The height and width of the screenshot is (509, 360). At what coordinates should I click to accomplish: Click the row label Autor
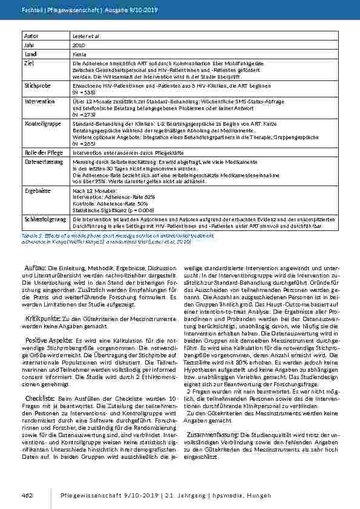[31, 36]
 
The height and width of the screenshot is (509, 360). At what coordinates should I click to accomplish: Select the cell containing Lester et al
[83, 37]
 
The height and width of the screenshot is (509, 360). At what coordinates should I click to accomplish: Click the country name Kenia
[77, 54]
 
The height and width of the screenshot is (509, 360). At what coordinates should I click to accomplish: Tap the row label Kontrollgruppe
[41, 123]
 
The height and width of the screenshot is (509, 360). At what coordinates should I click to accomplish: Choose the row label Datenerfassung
[41, 163]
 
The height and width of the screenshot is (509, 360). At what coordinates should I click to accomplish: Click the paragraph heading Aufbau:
[36, 250]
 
